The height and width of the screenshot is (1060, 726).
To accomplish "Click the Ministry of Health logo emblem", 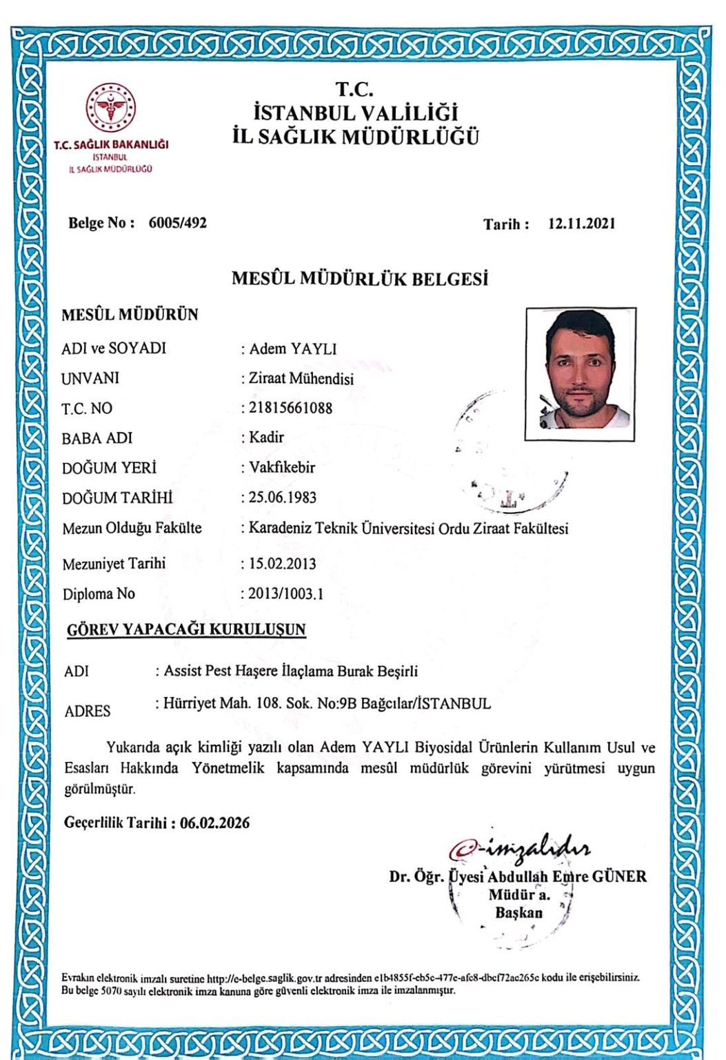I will (x=111, y=109).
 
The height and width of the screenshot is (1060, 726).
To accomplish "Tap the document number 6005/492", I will (x=177, y=223).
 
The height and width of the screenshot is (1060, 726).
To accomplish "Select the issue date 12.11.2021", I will (x=581, y=224).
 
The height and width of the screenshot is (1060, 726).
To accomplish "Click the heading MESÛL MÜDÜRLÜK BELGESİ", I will (x=359, y=279).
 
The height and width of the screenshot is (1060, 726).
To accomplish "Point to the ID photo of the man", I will (x=580, y=373).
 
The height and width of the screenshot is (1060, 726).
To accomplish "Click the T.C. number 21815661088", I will (x=290, y=408).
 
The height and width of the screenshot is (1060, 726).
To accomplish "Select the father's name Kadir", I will (x=266, y=437).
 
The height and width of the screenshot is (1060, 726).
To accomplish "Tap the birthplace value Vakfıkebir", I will (x=282, y=467).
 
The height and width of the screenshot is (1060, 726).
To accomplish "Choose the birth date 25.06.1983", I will (x=283, y=498).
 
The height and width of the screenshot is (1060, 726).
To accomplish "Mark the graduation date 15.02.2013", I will (x=282, y=564).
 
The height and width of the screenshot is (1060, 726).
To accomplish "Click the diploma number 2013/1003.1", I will (x=285, y=593).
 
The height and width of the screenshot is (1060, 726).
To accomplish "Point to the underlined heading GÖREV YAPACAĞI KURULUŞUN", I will (x=186, y=629).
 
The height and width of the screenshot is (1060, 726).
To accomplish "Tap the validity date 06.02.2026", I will (x=214, y=823).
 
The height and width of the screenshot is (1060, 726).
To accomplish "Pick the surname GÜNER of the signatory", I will (x=619, y=877).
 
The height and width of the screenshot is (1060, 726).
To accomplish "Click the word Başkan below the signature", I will (x=518, y=912).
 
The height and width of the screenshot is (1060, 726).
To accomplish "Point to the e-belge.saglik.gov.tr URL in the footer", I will (x=265, y=978).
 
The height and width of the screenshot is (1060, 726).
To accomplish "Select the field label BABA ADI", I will (x=97, y=438).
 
